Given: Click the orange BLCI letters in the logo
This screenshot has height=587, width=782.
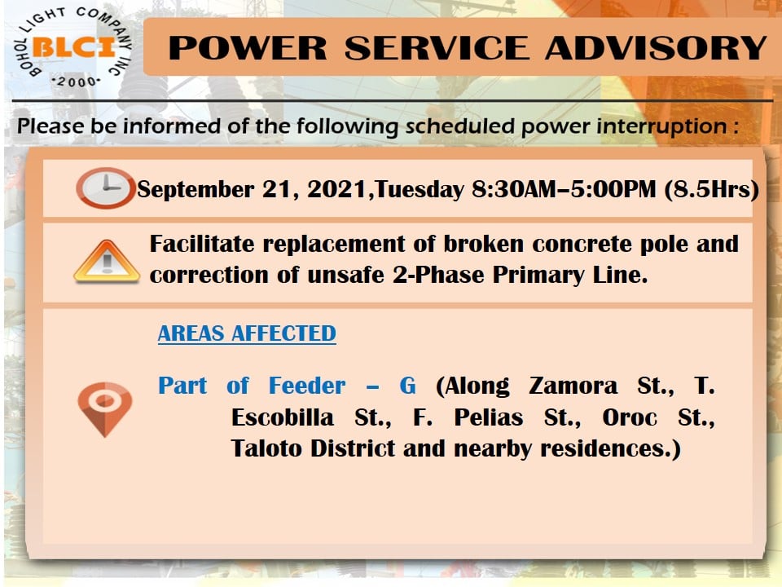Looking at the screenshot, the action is [74, 48].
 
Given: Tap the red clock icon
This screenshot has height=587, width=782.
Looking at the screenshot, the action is [105, 188].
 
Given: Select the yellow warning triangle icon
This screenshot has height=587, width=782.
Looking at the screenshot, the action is [107, 261].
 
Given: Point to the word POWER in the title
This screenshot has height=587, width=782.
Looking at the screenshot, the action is [248, 48].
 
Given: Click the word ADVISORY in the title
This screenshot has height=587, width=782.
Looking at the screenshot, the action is [655, 48].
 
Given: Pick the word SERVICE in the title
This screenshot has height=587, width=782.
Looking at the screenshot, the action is [437, 48].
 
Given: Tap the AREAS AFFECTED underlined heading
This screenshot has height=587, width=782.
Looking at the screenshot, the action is [247, 333].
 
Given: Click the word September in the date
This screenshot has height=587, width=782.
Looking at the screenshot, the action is [195, 190].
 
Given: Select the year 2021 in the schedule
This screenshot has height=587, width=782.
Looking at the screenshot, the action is [337, 189].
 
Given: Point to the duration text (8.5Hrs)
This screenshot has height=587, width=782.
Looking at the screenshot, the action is [712, 189].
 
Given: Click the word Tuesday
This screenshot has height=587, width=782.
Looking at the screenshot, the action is [419, 190].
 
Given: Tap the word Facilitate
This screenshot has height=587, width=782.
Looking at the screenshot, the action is [202, 244].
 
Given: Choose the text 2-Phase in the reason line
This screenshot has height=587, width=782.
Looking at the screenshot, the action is [438, 275].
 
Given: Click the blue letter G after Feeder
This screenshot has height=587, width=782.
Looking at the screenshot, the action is [407, 386].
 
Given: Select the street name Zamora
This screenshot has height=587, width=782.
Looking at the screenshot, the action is [573, 386].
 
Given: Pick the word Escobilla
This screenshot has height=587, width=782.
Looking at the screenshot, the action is [283, 417].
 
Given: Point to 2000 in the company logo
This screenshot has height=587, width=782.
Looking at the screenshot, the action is [76, 82].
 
